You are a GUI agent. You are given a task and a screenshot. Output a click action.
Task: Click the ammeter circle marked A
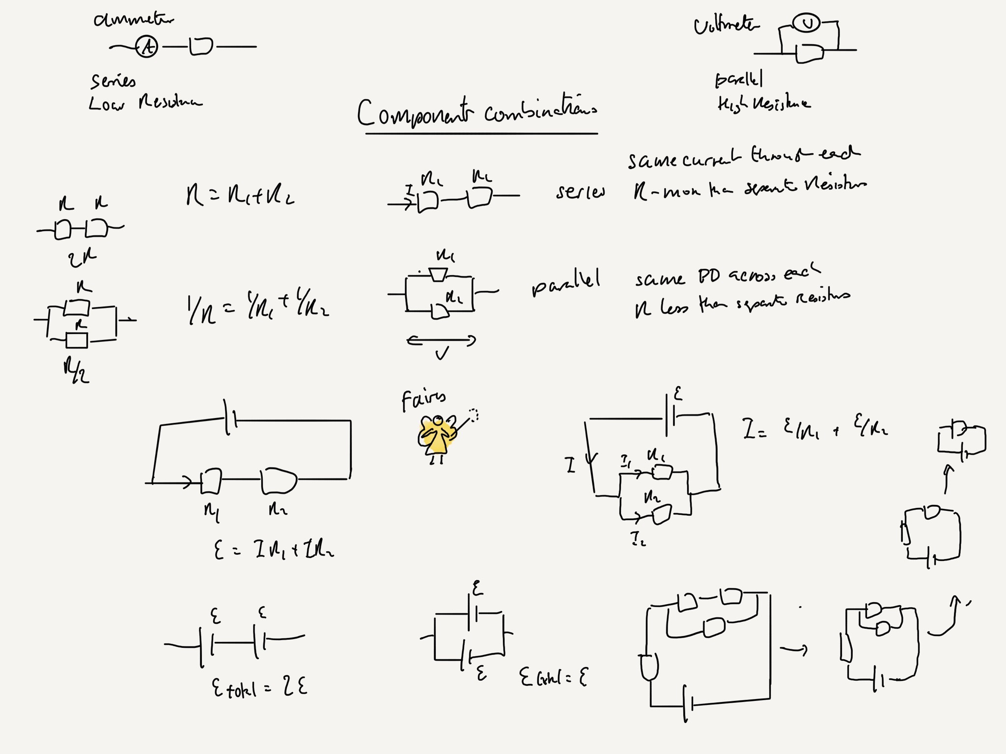146,47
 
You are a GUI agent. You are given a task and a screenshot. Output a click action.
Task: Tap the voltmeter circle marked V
806,24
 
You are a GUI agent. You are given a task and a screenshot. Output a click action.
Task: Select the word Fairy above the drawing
423,400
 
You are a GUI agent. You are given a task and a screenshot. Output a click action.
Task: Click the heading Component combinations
476,113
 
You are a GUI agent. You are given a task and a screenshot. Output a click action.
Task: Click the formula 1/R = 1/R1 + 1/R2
258,310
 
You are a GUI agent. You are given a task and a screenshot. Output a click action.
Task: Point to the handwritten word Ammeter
133,20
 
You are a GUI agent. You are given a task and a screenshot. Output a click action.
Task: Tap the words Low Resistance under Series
145,103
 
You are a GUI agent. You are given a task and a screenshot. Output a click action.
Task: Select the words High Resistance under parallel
763,104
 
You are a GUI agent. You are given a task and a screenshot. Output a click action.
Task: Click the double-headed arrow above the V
441,340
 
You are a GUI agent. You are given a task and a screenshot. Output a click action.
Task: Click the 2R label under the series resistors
83,257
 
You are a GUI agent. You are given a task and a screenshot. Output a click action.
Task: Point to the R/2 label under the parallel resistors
76,371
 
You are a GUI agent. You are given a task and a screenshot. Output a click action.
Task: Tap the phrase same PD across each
727,277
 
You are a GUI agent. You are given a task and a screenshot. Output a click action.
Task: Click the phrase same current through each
744,157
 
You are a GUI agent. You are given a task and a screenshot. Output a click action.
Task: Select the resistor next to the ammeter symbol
201,47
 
